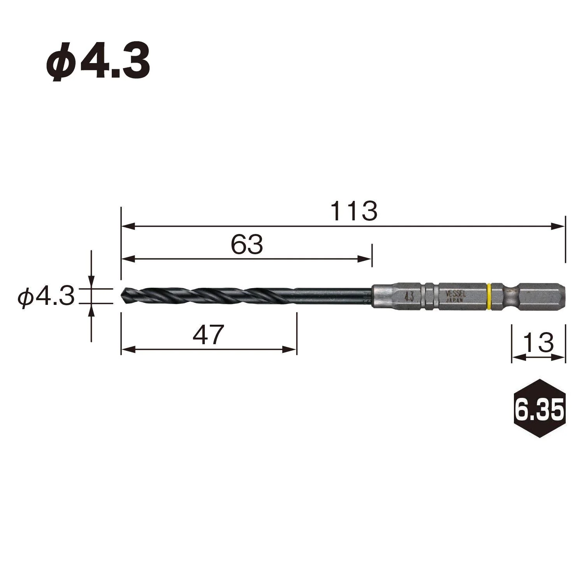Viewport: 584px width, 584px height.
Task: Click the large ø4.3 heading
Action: tap(98, 62)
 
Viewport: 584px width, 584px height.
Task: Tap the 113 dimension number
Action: tap(354, 211)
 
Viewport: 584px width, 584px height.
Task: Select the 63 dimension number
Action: tap(247, 245)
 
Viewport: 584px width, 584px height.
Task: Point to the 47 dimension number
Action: tap(209, 334)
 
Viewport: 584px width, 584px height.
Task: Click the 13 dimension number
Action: tap(538, 342)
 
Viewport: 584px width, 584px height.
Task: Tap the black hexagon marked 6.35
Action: tap(538, 408)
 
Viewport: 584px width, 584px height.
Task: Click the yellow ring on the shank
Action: tap(489, 297)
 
